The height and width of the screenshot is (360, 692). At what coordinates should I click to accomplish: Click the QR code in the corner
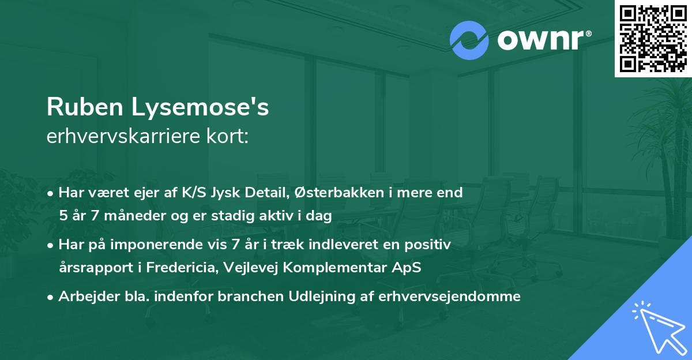pos(653,38)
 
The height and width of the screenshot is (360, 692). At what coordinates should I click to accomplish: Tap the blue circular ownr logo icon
pos(470,40)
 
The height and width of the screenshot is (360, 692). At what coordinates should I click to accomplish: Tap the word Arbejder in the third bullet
pos(85,297)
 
